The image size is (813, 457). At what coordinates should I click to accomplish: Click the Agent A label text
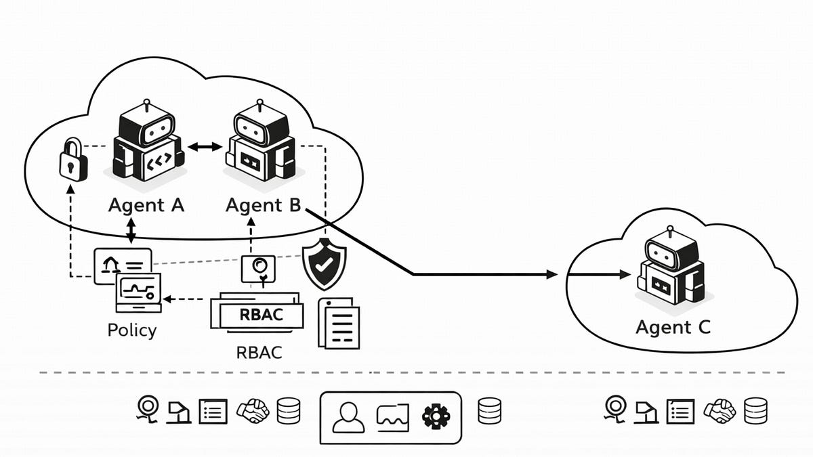point(146,205)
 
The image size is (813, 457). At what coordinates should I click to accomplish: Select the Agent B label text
point(263,205)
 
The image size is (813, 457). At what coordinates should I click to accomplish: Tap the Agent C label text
point(673,328)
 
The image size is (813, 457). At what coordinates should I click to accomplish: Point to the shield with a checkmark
point(325,264)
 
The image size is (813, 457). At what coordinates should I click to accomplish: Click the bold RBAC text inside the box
point(261,315)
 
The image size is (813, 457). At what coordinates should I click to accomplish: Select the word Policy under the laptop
point(132,330)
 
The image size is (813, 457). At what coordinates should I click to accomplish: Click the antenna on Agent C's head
point(671,231)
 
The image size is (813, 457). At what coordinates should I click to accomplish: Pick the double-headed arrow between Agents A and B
point(205,147)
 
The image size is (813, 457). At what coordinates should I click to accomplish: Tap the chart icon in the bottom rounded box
point(393,416)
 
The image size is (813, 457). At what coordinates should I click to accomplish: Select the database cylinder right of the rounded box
point(489,411)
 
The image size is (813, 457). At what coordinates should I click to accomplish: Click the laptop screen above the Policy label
point(138,289)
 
